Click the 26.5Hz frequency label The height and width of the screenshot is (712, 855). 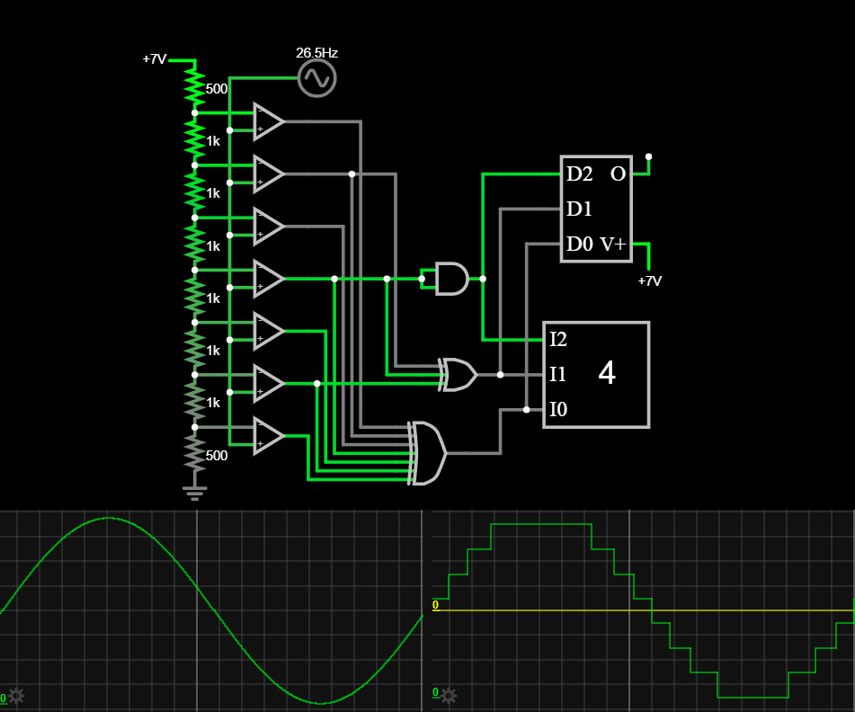tap(316, 53)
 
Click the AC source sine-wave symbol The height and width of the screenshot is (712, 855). tap(316, 78)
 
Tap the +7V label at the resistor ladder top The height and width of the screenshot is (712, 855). tap(155, 59)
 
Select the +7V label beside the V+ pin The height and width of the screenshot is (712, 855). tap(649, 280)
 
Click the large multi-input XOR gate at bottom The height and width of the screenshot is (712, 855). tap(428, 453)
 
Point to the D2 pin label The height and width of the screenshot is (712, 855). tap(579, 174)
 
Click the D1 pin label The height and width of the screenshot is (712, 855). tap(579, 209)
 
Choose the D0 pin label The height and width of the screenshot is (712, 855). tap(579, 245)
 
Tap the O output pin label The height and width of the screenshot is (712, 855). tap(619, 174)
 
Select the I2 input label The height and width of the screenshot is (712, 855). tap(558, 340)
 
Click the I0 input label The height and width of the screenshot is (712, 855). tap(558, 410)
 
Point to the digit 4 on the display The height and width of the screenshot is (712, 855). tap(607, 374)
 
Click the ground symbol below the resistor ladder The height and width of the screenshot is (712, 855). tap(194, 492)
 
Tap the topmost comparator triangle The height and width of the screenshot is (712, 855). tap(268, 122)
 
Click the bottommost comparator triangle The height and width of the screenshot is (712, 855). tap(268, 436)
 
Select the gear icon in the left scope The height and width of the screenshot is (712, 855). tap(15, 695)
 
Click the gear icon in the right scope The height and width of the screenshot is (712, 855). tap(448, 695)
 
